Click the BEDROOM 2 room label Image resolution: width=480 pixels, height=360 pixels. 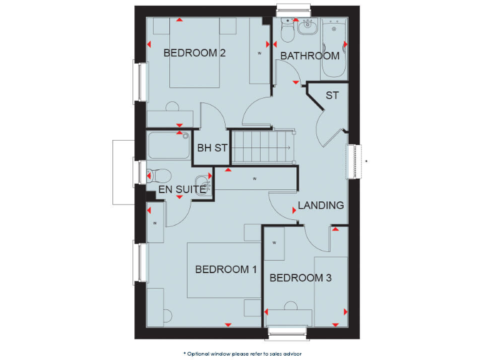tap(194, 53)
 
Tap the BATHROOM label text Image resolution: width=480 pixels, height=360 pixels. tap(310, 56)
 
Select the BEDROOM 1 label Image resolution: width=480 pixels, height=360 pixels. tap(226, 269)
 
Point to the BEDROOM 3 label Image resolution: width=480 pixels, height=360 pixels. tap(301, 277)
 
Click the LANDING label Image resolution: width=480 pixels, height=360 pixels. tap(321, 205)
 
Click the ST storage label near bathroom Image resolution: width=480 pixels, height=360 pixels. tap(332, 96)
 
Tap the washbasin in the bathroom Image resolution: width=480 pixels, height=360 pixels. tap(307, 27)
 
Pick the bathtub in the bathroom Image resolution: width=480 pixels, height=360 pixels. tap(334, 47)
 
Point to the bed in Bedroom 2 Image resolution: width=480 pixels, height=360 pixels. tap(195, 52)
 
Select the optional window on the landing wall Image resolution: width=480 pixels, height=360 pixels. tap(356, 162)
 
